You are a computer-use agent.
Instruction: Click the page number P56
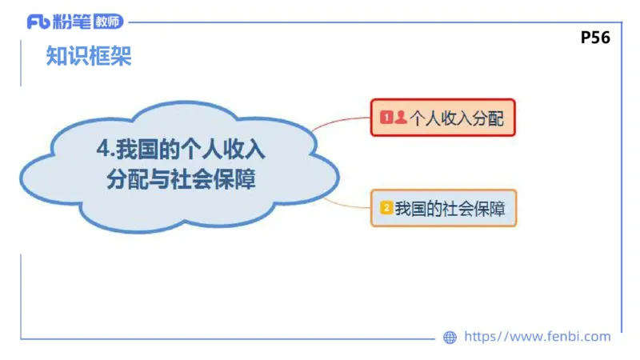coord(595,37)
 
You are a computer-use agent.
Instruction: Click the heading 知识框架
coord(89,57)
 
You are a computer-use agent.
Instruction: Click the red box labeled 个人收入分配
coord(442,118)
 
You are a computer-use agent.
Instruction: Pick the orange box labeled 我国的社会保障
coord(443,208)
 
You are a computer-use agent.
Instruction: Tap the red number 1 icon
coord(386,118)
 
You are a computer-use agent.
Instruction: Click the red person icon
coord(400,118)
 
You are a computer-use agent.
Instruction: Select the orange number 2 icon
coord(386,208)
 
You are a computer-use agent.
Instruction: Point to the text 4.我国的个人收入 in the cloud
coord(180,150)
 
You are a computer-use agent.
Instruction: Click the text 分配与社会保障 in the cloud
coord(181,178)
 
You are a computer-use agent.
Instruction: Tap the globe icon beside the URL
coord(450,338)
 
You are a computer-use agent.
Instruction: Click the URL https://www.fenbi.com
coord(537,337)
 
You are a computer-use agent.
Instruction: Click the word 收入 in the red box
coord(456,118)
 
